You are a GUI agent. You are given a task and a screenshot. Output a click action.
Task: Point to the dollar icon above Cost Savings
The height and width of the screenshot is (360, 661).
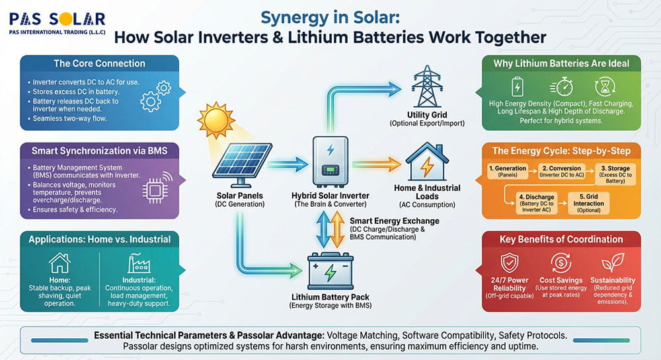[x=561, y=263]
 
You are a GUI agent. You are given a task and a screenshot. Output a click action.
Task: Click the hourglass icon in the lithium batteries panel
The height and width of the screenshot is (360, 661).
[x=605, y=88]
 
